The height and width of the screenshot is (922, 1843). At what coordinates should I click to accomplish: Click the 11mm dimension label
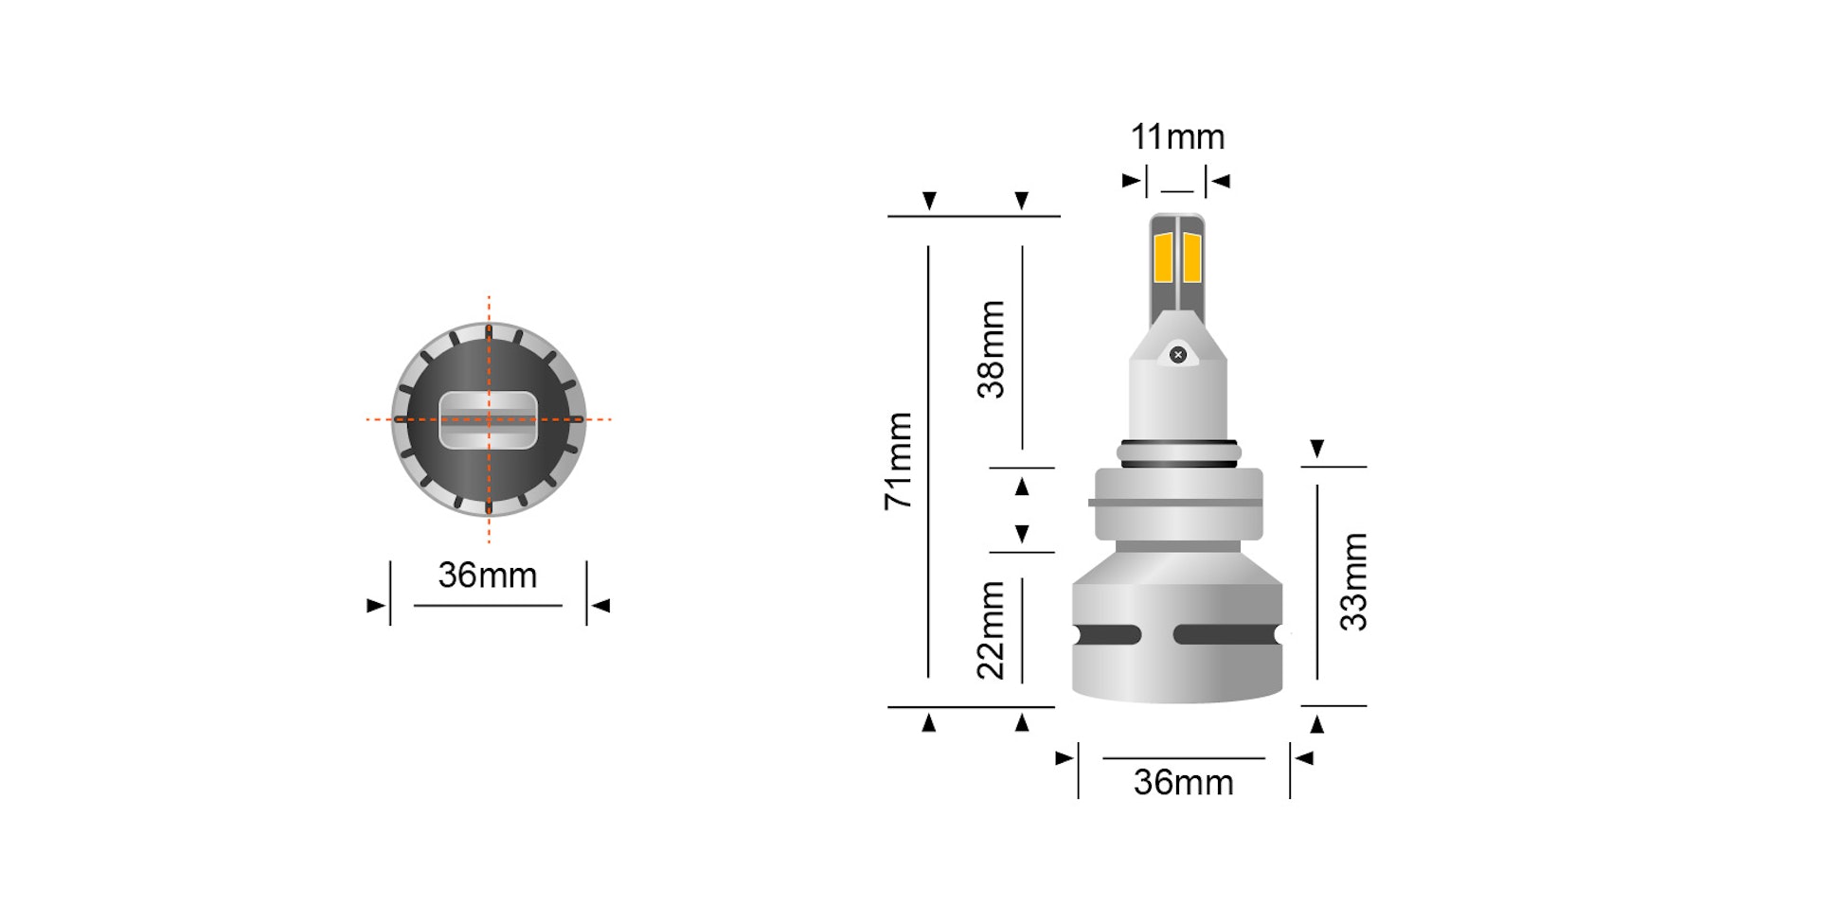[1177, 137]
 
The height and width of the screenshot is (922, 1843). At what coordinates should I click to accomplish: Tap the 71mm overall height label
[898, 461]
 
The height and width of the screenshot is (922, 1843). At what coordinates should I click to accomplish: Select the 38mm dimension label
[991, 349]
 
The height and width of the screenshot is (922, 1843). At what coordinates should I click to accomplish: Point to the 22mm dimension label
[991, 630]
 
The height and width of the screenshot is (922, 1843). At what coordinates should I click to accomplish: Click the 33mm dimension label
[1353, 582]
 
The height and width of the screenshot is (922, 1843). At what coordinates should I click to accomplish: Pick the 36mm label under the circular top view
[488, 576]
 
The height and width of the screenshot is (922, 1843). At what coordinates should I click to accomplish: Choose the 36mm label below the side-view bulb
[1184, 783]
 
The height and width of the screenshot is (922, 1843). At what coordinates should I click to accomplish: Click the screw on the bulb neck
[1178, 355]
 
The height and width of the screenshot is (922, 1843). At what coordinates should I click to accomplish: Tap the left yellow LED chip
[1163, 257]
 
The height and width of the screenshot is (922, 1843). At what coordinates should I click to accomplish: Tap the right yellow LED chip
[1192, 257]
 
